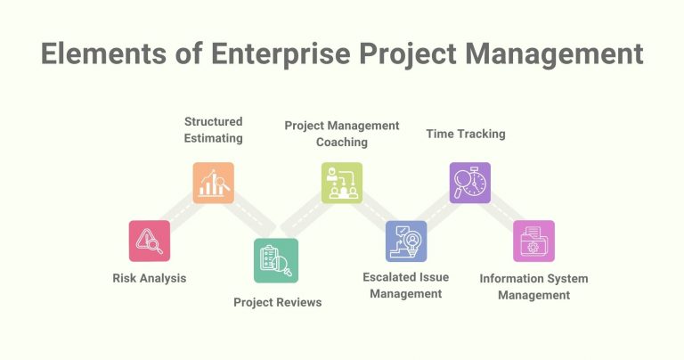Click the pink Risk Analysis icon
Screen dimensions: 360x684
(150, 241)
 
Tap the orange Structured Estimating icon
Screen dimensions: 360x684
(214, 183)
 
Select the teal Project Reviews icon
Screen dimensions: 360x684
(276, 260)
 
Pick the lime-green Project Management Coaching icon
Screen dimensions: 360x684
(342, 183)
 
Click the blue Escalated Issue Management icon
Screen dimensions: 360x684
(406, 241)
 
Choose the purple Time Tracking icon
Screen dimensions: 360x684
(469, 183)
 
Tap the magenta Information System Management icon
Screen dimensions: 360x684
(533, 241)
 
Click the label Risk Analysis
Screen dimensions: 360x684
(150, 278)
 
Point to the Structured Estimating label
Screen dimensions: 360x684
(214, 129)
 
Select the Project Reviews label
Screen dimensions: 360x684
(277, 302)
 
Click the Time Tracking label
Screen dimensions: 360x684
(465, 134)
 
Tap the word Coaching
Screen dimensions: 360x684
(342, 142)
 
